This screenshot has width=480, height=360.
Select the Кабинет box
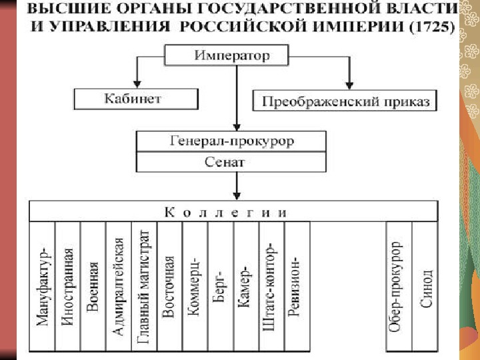135,99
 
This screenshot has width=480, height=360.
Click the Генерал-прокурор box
231,141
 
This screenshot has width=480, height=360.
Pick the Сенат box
231,161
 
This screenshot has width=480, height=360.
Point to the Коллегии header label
227,212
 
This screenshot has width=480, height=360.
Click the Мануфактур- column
43,287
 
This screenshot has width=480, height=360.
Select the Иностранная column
67,287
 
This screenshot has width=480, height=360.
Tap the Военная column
93,287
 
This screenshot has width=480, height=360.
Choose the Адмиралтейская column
119,287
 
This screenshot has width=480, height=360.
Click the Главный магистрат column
144,287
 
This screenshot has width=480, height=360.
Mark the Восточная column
169,287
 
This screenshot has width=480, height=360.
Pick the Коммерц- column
195,287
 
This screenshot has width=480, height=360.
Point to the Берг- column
220,287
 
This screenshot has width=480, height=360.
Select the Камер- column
245,287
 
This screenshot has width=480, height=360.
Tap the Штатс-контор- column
271,287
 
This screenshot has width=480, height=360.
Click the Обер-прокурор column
399,287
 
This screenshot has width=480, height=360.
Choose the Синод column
425,287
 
